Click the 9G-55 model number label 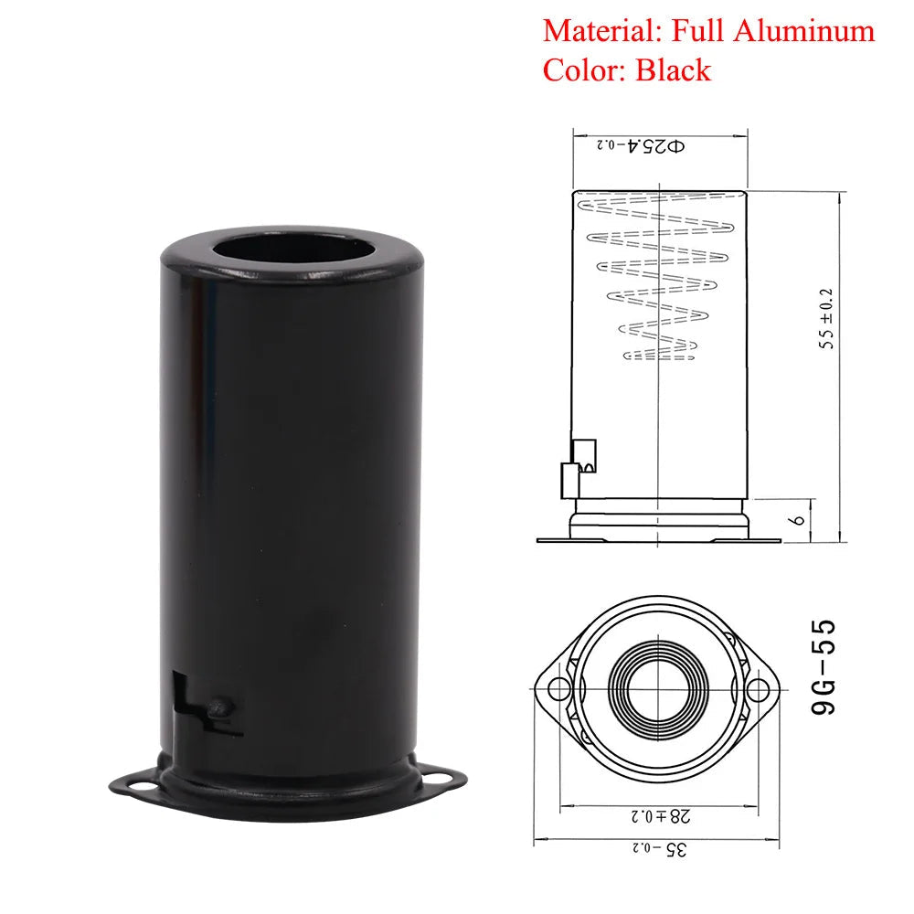click(824, 668)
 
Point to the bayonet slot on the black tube click(207, 704)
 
